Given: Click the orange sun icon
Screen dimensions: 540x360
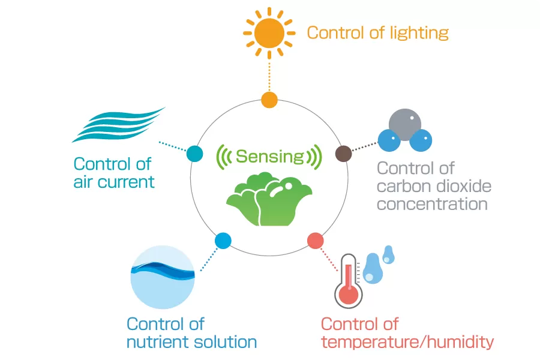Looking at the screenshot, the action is click(x=269, y=33).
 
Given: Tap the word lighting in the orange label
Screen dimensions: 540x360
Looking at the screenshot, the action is click(x=419, y=34).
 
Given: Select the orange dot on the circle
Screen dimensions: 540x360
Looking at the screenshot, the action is click(x=269, y=100).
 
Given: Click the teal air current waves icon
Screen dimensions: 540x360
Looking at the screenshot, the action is click(x=118, y=125).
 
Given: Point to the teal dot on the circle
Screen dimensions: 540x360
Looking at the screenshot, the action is click(x=194, y=154).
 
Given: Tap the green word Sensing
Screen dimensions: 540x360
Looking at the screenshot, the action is click(x=270, y=157).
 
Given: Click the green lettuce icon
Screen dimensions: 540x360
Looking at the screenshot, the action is click(x=269, y=199).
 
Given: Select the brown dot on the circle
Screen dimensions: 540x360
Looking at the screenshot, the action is click(x=343, y=154).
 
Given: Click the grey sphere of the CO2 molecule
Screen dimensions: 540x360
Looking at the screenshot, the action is click(x=405, y=124).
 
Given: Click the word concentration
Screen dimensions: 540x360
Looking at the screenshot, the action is click(x=432, y=204).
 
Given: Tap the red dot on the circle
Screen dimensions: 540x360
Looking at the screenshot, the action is click(x=315, y=241).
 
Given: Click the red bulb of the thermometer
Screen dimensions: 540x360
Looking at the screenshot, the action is click(x=349, y=295).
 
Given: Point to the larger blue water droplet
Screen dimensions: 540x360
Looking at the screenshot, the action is click(x=373, y=269).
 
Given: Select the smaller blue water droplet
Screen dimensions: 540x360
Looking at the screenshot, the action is click(x=388, y=255).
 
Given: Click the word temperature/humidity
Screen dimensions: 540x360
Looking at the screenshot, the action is click(x=407, y=343).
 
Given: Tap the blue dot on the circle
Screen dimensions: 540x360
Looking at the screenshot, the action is click(x=223, y=241).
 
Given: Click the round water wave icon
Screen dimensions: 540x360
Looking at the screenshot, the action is click(x=163, y=277).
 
